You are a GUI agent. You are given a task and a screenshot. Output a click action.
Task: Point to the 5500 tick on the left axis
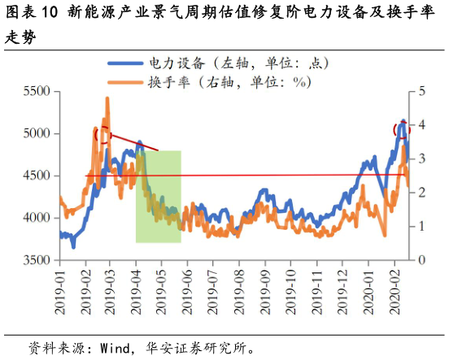pyautogui.click(x=37, y=91)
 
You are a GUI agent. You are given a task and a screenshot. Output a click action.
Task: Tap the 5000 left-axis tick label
pyautogui.click(x=37, y=133)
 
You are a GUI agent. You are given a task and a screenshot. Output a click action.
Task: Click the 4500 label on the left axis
pyautogui.click(x=37, y=176)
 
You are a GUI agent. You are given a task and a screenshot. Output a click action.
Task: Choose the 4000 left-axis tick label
pyautogui.click(x=37, y=218)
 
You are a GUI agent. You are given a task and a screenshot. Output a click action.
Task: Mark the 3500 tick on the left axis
pyautogui.click(x=37, y=260)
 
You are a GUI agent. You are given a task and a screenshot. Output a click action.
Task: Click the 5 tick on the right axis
pyautogui.click(x=421, y=91)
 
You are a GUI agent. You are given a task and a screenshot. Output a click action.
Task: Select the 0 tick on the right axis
pyautogui.click(x=421, y=260)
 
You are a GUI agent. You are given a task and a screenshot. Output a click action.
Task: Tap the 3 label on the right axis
pyautogui.click(x=421, y=158)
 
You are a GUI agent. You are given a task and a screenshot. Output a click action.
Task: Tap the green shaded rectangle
pyautogui.click(x=158, y=197)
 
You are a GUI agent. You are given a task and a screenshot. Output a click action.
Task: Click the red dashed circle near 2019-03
pyautogui.click(x=102, y=135)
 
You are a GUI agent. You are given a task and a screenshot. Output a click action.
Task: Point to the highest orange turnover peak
pyautogui.click(x=107, y=99)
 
